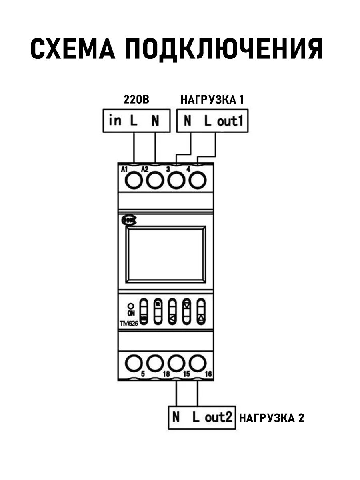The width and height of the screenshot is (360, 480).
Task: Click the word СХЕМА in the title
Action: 73,48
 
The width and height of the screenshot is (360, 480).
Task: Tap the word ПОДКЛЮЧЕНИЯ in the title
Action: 224,50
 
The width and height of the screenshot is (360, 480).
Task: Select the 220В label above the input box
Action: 136,100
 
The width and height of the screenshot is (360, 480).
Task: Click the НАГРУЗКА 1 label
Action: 212,100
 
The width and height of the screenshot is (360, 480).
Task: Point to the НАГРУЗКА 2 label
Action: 272,418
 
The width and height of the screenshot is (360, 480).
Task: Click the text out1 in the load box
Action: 230,121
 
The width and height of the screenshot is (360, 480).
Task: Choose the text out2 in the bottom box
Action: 218,417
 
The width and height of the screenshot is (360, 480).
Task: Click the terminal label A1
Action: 124,169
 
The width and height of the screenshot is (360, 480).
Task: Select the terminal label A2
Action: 144,169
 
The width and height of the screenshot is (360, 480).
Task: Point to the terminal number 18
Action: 166,374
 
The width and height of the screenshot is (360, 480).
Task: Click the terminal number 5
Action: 143,374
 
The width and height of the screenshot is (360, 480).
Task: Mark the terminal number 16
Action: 208,374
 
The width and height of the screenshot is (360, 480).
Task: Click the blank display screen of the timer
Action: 166,254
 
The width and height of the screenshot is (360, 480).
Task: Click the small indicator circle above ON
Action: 131,306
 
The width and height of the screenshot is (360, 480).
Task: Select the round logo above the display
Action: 130,221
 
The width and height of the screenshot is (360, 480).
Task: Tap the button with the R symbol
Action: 158,311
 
